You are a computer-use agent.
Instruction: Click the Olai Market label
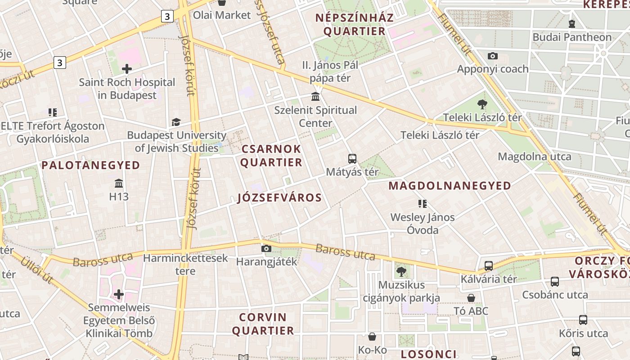coord(221,15)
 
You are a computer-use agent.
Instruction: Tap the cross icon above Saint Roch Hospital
coord(127,69)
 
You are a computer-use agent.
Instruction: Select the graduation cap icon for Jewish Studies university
coord(176,122)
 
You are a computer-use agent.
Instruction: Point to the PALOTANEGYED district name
coord(91,165)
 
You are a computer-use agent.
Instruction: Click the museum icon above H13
coord(119,183)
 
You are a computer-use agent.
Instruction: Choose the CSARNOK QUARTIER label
coord(271,156)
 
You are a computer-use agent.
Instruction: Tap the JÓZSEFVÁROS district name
coord(279,198)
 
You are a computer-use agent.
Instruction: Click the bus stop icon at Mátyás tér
coord(352,158)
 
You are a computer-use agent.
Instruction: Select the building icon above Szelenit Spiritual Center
coord(315,97)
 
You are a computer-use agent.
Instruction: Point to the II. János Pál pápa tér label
coord(330,72)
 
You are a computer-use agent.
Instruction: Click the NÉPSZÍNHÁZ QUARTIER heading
coord(354,24)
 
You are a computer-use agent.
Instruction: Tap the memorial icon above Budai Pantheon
coord(572,23)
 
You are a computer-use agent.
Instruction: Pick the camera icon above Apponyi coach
coord(493,56)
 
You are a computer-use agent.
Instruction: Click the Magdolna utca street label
coord(534,157)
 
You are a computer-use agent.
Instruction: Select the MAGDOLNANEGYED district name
coord(450,185)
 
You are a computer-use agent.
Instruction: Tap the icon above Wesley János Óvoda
coord(422,204)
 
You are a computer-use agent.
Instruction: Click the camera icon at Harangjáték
coord(266,248)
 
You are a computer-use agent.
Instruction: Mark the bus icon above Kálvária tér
coord(489,265)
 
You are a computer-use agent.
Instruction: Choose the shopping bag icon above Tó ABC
coord(471,298)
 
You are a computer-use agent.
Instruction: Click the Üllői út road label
coord(37,270)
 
